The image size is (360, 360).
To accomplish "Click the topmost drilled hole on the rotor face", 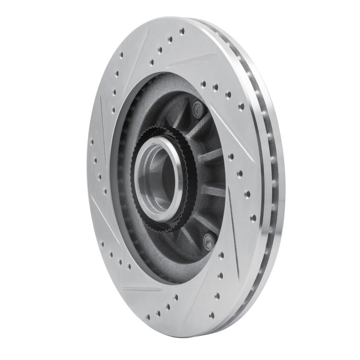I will point(182,31).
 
